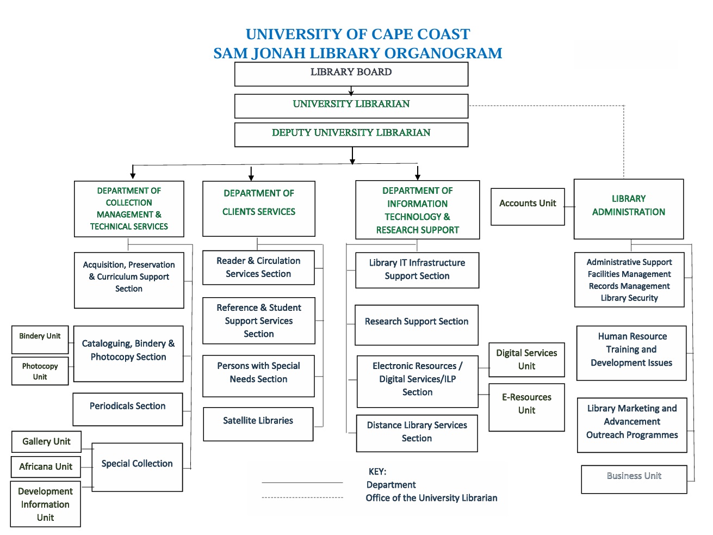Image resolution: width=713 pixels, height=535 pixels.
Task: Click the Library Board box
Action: point(351,74)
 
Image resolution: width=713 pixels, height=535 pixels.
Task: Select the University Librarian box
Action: point(351,106)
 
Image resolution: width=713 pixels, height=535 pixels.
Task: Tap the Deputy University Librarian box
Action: point(351,134)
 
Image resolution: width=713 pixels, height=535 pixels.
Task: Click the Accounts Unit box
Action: point(528,206)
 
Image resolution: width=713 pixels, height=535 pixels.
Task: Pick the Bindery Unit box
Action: point(40,340)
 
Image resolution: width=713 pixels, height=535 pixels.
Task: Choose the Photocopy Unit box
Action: point(40,371)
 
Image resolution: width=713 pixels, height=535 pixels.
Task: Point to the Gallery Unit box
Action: point(46,441)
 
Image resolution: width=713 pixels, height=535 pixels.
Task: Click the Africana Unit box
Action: point(46,466)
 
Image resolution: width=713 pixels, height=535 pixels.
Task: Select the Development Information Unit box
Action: point(45,504)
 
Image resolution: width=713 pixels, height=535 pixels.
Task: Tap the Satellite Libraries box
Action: point(258,424)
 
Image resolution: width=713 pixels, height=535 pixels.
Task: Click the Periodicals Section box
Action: point(128,409)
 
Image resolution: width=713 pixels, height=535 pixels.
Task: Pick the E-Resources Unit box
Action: point(526,407)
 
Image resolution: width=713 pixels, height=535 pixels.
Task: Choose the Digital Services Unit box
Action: point(526,360)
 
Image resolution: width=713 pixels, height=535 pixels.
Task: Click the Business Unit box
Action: point(634,479)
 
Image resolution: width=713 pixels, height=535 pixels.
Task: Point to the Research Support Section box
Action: point(416,325)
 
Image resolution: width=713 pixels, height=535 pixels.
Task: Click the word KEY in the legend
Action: point(377,471)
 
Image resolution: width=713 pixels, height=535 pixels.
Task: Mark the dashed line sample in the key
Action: point(302,497)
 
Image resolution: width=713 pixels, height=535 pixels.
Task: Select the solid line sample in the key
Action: point(302,483)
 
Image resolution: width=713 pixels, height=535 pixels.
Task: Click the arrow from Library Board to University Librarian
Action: point(351,90)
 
